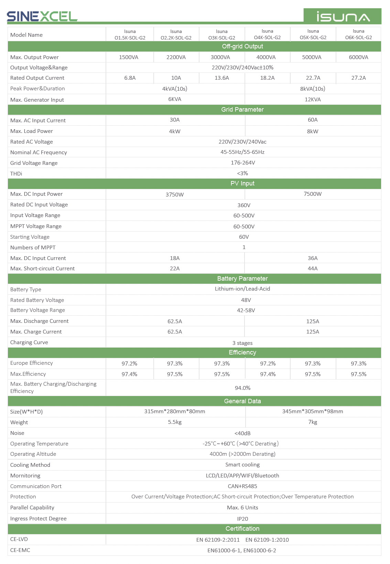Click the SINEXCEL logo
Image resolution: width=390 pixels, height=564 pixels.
pyautogui.click(x=42, y=16)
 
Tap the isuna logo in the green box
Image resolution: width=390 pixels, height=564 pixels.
pyautogui.click(x=343, y=17)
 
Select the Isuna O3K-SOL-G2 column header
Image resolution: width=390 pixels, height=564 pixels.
pyautogui.click(x=222, y=34)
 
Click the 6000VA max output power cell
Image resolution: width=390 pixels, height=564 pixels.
pyautogui.click(x=358, y=57)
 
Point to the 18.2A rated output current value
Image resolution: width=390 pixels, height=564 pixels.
pyautogui.click(x=267, y=78)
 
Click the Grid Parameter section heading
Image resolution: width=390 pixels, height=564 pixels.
pyautogui.click(x=242, y=110)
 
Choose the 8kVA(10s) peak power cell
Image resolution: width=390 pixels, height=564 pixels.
pyautogui.click(x=312, y=89)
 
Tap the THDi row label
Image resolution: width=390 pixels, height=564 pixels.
pyautogui.click(x=16, y=174)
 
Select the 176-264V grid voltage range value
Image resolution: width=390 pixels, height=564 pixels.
pyautogui.click(x=243, y=163)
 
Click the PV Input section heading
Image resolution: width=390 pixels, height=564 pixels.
pyautogui.click(x=242, y=183)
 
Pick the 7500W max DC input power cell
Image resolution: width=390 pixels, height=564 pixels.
pyautogui.click(x=312, y=194)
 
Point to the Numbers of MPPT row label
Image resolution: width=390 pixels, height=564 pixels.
pyautogui.click(x=33, y=248)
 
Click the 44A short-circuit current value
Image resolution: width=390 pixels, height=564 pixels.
pyautogui.click(x=312, y=269)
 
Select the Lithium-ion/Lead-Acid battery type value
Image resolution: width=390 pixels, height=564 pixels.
pyautogui.click(x=242, y=289)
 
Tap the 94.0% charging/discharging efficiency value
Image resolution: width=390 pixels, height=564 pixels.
pyautogui.click(x=242, y=388)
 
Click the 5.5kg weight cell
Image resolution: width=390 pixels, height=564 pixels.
pyautogui.click(x=175, y=422)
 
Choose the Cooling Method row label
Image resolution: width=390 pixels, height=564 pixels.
pyautogui.click(x=30, y=465)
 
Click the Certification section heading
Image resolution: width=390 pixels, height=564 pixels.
pyautogui.click(x=242, y=529)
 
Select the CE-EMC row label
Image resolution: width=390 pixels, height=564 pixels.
pyautogui.click(x=20, y=550)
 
